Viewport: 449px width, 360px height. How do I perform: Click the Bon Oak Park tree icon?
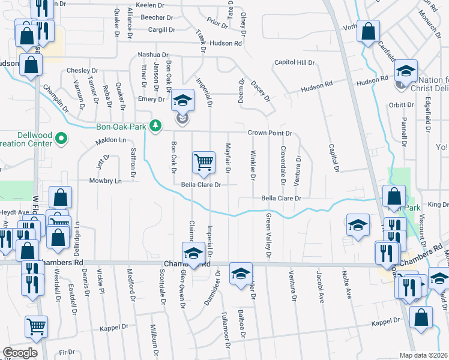click(x=156, y=125)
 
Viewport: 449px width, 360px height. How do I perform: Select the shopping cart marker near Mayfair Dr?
click(x=203, y=162)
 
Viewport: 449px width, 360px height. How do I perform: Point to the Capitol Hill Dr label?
click(x=295, y=62)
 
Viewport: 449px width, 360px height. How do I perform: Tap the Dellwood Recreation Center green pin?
click(x=61, y=139)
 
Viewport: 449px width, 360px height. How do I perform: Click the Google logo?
click(x=20, y=352)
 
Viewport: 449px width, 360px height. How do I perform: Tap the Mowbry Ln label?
click(x=105, y=181)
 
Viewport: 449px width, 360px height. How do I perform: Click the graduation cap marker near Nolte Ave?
click(x=358, y=226)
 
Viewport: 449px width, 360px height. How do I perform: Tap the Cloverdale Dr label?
click(x=282, y=162)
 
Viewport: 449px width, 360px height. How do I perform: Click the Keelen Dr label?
click(x=151, y=5)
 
